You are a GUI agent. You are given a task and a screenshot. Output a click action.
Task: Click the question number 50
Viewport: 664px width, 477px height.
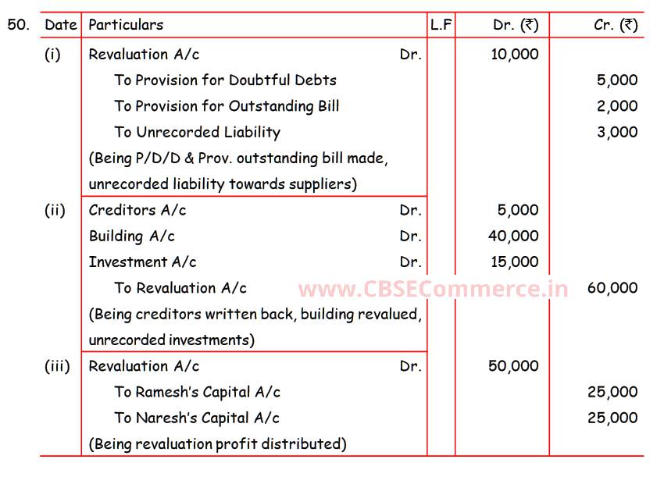point(19,24)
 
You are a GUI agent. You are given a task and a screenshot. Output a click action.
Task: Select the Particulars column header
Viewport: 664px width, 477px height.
point(126,25)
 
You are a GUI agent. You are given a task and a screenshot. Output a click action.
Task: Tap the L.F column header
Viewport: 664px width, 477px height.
point(441,25)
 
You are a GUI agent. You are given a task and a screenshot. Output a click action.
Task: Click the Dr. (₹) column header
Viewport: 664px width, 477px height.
point(515,25)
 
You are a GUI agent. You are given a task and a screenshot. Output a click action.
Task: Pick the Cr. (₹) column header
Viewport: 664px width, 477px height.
point(616,25)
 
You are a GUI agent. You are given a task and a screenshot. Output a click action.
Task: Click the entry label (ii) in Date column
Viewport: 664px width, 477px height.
point(55,210)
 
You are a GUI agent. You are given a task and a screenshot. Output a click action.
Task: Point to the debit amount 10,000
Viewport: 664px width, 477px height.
point(514,54)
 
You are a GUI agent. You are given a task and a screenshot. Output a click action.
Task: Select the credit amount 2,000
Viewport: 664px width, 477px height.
point(617,106)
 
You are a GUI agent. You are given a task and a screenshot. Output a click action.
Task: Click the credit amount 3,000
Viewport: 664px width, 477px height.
point(617,132)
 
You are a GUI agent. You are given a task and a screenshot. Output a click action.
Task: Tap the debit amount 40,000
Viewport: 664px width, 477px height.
point(514,236)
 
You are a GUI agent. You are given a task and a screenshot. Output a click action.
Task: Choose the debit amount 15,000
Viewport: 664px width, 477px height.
point(514,262)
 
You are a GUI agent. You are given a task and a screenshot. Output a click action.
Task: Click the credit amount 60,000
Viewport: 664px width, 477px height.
point(612,288)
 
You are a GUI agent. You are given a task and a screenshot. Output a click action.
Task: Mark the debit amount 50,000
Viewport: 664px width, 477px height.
point(513,366)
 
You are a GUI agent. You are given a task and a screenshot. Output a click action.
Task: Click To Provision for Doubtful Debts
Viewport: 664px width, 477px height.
point(225,80)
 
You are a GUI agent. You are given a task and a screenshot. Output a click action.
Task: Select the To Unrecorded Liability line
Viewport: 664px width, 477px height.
point(197,132)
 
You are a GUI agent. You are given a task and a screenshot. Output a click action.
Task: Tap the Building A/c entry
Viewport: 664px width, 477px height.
point(131,236)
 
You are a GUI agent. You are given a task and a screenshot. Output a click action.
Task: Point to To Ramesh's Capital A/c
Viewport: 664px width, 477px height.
point(197,392)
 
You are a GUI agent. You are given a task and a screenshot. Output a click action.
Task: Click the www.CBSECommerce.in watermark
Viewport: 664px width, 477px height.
point(434,289)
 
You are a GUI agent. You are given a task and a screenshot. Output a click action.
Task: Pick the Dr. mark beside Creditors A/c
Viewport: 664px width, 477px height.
point(410,210)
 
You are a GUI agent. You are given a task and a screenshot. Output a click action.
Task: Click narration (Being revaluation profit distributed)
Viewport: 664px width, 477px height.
point(217,444)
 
